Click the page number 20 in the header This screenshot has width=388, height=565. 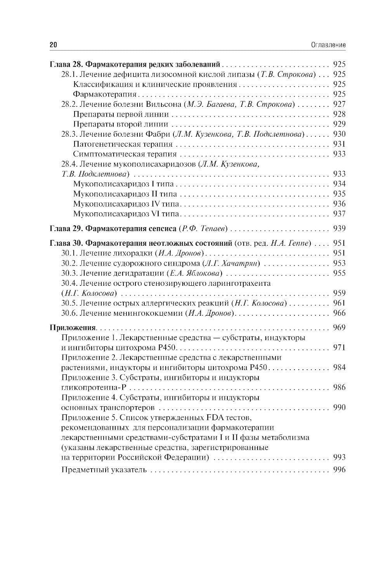[x=53, y=45]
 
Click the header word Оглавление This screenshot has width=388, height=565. [x=328, y=45]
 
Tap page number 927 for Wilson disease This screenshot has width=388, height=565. [x=339, y=104]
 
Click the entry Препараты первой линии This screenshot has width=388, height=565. [x=121, y=114]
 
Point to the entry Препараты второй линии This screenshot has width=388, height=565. [x=120, y=124]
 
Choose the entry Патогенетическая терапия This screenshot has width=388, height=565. [x=123, y=144]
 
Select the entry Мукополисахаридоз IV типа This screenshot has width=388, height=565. [x=126, y=204]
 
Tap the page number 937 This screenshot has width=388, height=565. [x=339, y=214]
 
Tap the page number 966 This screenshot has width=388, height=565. [x=339, y=313]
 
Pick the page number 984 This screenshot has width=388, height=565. [x=339, y=367]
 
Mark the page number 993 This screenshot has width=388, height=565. [x=339, y=457]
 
